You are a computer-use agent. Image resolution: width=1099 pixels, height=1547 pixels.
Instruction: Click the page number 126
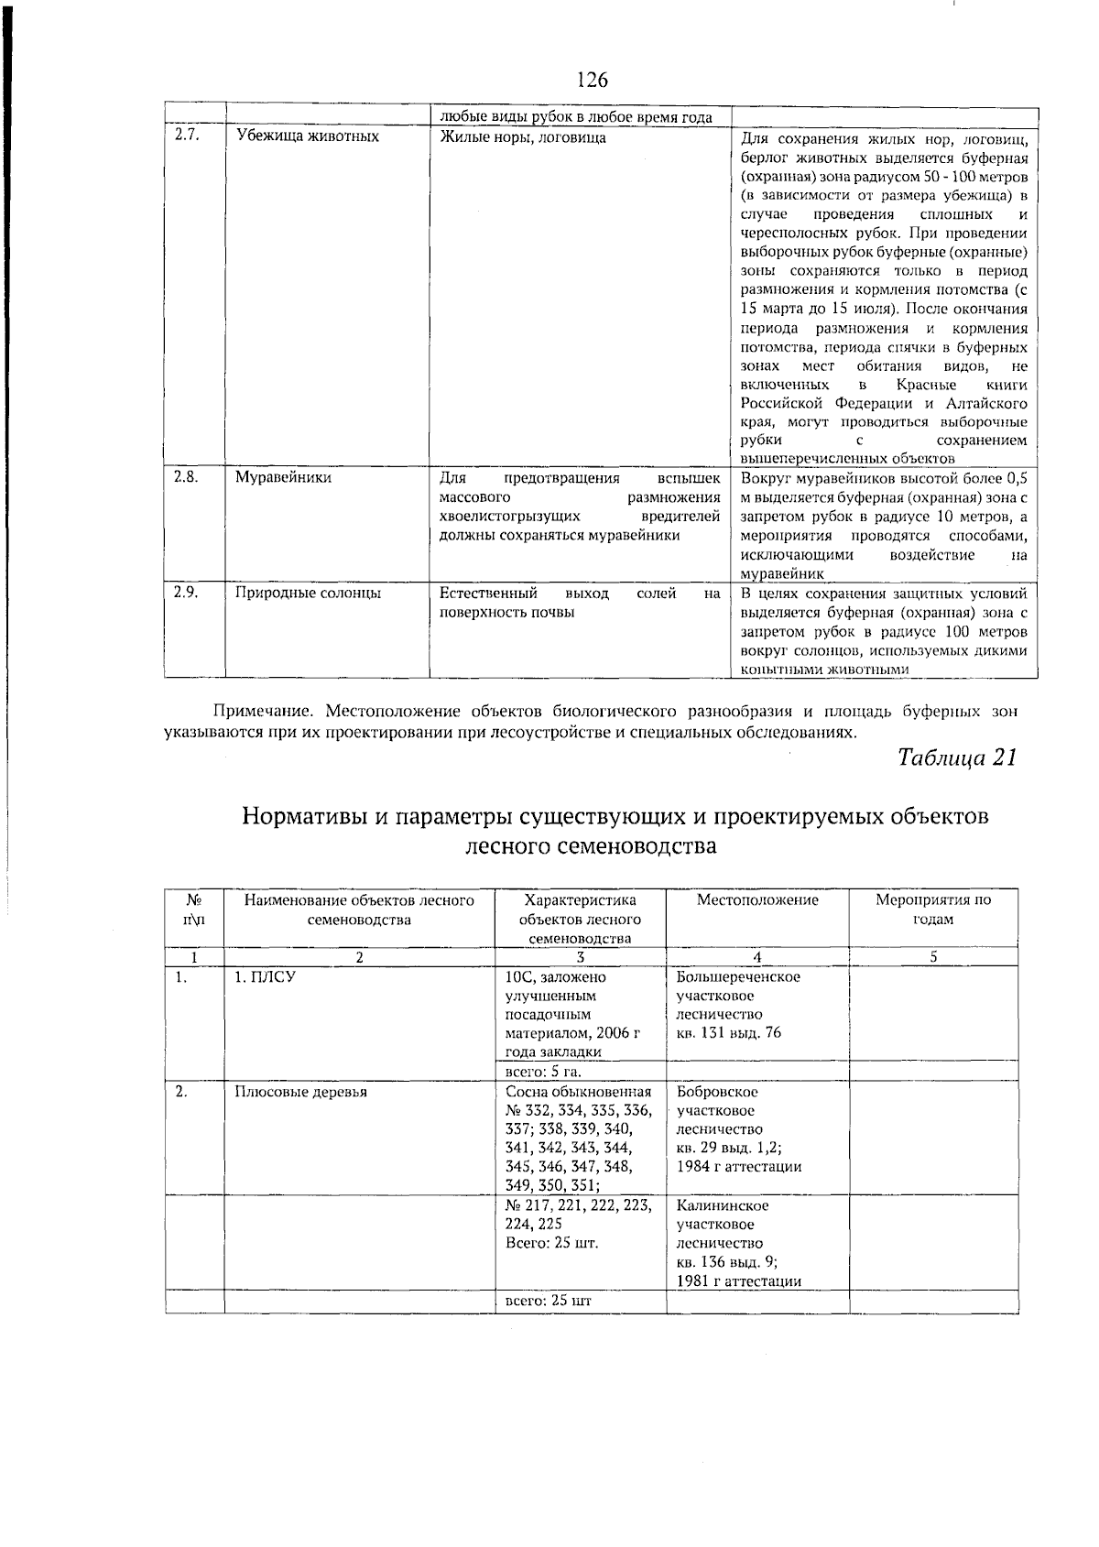[593, 81]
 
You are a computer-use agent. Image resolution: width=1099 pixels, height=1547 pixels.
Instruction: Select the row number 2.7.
[187, 136]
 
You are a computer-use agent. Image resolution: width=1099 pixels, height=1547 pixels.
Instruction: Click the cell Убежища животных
[307, 137]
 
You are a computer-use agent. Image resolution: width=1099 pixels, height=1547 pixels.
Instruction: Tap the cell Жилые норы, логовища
[522, 137]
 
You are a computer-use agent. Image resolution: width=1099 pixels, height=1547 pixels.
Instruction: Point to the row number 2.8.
[187, 477]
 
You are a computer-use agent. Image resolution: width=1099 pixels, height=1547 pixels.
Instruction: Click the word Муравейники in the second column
[284, 478]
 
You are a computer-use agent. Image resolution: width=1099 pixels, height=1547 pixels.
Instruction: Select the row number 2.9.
[187, 593]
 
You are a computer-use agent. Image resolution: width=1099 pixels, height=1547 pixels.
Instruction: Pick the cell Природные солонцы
[308, 594]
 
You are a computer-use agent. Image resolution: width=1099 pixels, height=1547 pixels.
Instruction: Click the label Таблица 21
[957, 758]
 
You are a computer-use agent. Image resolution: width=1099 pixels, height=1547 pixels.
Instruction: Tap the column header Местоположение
[757, 900]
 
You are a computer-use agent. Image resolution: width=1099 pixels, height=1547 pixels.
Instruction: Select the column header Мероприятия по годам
[933, 910]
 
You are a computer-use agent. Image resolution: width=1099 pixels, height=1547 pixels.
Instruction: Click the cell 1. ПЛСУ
[265, 978]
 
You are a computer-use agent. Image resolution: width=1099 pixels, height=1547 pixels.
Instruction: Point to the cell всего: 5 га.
[544, 1072]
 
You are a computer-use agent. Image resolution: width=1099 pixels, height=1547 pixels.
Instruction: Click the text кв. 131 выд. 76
[728, 1034]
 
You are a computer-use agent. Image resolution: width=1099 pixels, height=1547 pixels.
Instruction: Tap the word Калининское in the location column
[723, 1206]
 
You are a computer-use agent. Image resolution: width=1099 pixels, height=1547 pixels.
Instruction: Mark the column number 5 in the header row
[933, 958]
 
